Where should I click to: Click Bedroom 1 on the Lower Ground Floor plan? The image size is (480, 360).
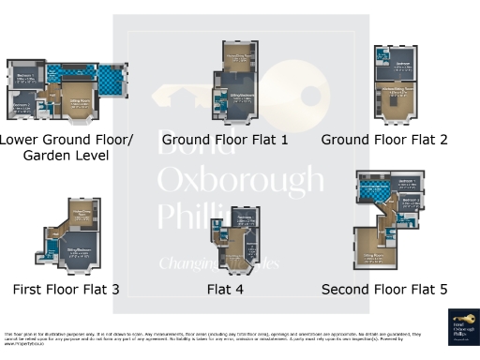(26, 79)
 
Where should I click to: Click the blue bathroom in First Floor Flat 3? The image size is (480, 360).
(51, 251)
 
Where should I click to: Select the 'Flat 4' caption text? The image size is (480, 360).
(225, 290)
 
